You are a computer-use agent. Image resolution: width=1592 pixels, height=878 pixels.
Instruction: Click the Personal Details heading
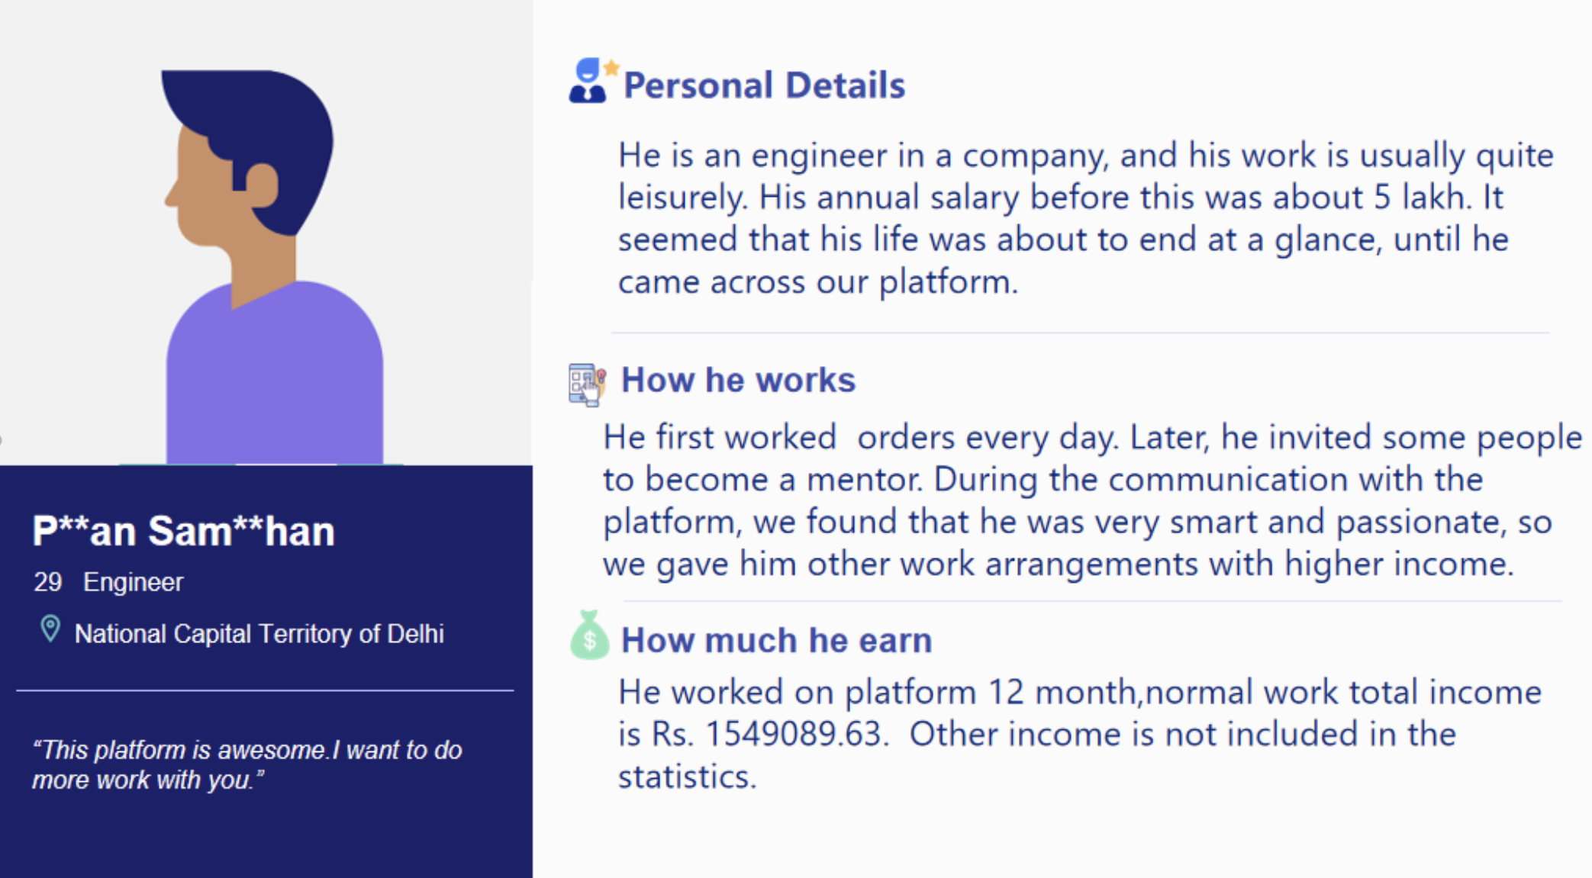coord(764,85)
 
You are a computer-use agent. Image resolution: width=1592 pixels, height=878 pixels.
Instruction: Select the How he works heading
coord(738,380)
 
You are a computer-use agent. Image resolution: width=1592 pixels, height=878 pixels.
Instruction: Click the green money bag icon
coord(589,635)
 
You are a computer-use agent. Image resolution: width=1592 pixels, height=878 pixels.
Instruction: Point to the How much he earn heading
coord(776,640)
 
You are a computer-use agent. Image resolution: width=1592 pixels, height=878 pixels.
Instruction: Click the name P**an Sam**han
coord(183,531)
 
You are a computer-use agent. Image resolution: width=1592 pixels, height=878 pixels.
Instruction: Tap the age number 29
coord(47,582)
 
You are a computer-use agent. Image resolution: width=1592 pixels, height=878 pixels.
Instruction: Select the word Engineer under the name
coord(134,583)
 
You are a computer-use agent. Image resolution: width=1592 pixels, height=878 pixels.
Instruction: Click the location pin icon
coord(50,629)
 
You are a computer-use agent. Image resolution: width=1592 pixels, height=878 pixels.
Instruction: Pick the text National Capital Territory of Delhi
coord(259,634)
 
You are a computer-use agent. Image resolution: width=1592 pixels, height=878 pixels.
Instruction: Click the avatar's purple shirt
coord(275,374)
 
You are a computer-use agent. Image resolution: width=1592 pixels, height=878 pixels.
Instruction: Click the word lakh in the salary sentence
coord(1436,198)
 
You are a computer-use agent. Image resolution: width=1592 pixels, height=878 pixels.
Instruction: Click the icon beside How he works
coord(588,384)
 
